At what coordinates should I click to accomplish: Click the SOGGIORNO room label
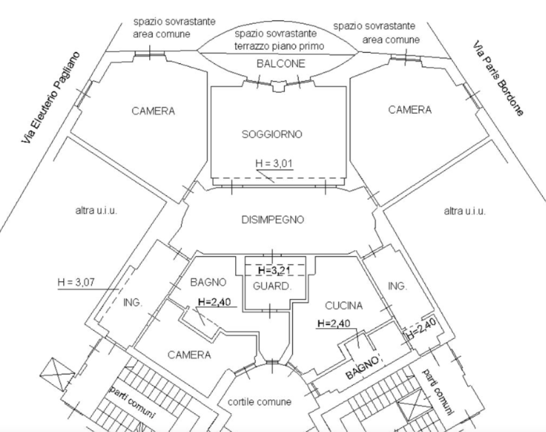(272, 134)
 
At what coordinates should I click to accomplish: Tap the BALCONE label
(281, 64)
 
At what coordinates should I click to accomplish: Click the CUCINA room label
(344, 306)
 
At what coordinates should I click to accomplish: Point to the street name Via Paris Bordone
(498, 78)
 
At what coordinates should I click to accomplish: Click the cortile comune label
(260, 402)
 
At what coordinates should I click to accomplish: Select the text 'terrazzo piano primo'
(279, 46)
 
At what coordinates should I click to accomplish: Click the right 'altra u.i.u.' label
(465, 211)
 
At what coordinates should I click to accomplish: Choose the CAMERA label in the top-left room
(153, 111)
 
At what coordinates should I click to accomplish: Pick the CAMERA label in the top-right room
(409, 110)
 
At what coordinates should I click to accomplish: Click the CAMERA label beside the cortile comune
(189, 355)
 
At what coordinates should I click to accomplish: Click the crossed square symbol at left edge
(58, 373)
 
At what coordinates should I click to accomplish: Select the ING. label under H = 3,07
(133, 303)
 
